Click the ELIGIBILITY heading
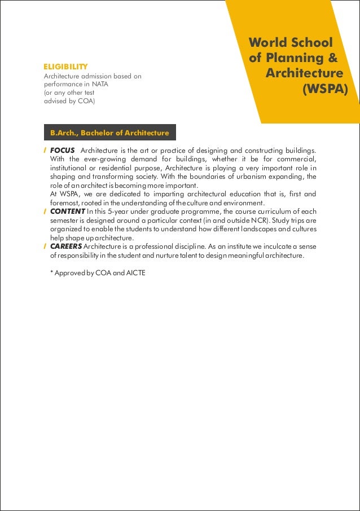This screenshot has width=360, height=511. tap(65, 67)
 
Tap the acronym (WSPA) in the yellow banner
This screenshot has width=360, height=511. tap(325, 90)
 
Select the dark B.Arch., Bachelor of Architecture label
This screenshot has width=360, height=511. tap(109, 133)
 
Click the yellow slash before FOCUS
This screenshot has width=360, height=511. tap(45, 151)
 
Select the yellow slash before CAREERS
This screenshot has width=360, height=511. tap(45, 246)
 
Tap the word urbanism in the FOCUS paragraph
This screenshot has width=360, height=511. tap(249, 177)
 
